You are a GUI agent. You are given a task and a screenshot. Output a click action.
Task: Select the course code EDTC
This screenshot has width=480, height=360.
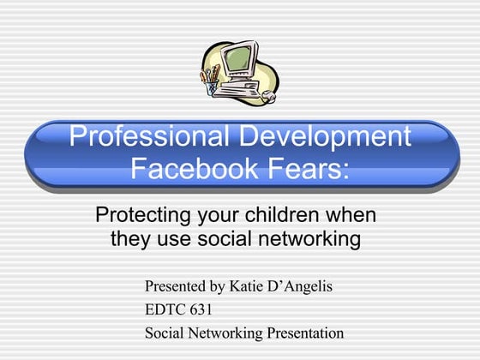163,309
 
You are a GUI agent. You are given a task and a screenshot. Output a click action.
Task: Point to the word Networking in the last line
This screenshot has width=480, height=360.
224,333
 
